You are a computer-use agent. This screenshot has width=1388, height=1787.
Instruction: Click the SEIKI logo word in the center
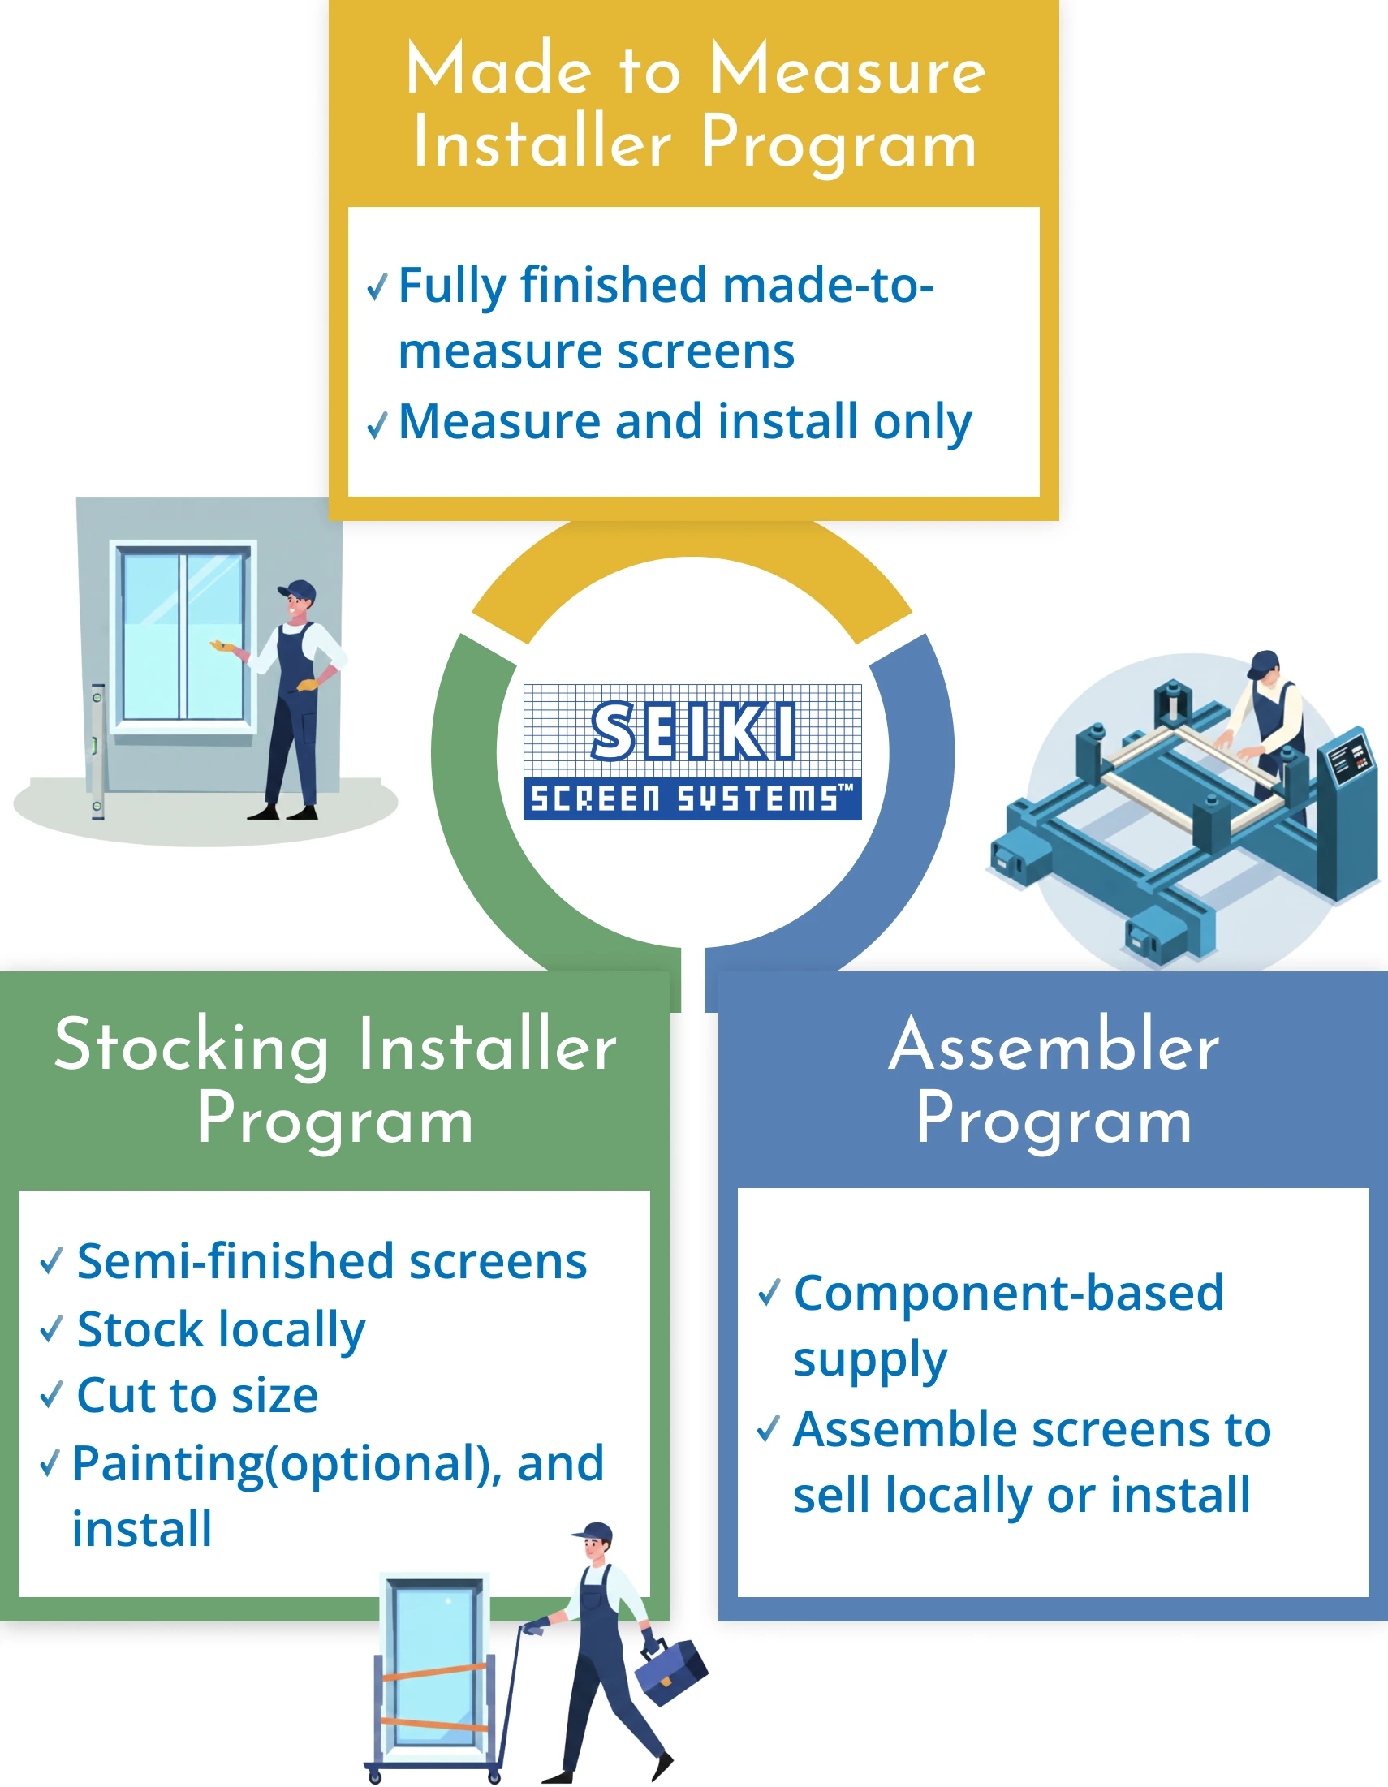692,730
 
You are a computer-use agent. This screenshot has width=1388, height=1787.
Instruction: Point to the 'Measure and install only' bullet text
685,422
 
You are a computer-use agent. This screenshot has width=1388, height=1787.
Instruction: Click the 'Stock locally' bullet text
221,1328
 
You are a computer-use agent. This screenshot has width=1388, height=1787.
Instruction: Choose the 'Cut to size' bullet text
197,1395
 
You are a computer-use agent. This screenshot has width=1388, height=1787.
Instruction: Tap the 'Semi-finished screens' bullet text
331,1261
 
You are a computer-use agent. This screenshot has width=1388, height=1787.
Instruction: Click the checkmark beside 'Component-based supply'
769,1292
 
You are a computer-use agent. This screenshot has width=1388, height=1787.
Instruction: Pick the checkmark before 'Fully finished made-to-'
377,286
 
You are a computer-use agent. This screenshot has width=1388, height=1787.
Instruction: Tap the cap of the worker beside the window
297,591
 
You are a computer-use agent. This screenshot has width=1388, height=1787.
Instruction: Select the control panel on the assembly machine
1347,757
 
